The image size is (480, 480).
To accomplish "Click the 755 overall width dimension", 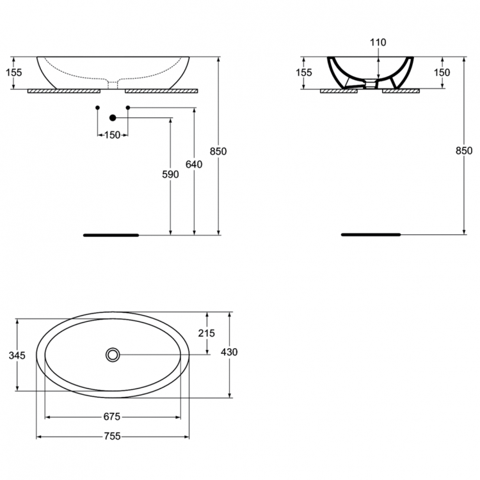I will pyautogui.click(x=112, y=436).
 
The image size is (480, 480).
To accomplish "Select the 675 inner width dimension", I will pyautogui.click(x=112, y=417).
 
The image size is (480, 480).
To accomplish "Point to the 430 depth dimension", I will pyautogui.click(x=229, y=352).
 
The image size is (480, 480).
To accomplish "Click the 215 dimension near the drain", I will pyautogui.click(x=207, y=333).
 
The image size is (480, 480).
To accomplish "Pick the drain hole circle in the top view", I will pyautogui.click(x=113, y=354).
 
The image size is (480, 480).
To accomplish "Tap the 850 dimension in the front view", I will pyautogui.click(x=219, y=152).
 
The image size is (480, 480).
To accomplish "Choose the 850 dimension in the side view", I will pyautogui.click(x=464, y=151).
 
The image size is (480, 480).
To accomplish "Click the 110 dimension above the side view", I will pyautogui.click(x=378, y=42).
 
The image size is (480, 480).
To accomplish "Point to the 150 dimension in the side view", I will pyautogui.click(x=442, y=72).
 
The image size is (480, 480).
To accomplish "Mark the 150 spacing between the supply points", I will pyautogui.click(x=113, y=135).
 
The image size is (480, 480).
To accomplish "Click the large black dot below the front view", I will pyautogui.click(x=113, y=118).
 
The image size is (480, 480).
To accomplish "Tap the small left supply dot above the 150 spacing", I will pyautogui.click(x=97, y=108).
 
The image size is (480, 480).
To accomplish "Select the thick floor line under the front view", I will pyautogui.click(x=111, y=235).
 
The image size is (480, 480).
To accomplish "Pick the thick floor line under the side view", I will pyautogui.click(x=370, y=235).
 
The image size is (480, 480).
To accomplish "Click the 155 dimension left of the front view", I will pyautogui.click(x=13, y=72).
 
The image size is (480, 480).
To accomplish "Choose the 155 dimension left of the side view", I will pyautogui.click(x=304, y=72).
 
